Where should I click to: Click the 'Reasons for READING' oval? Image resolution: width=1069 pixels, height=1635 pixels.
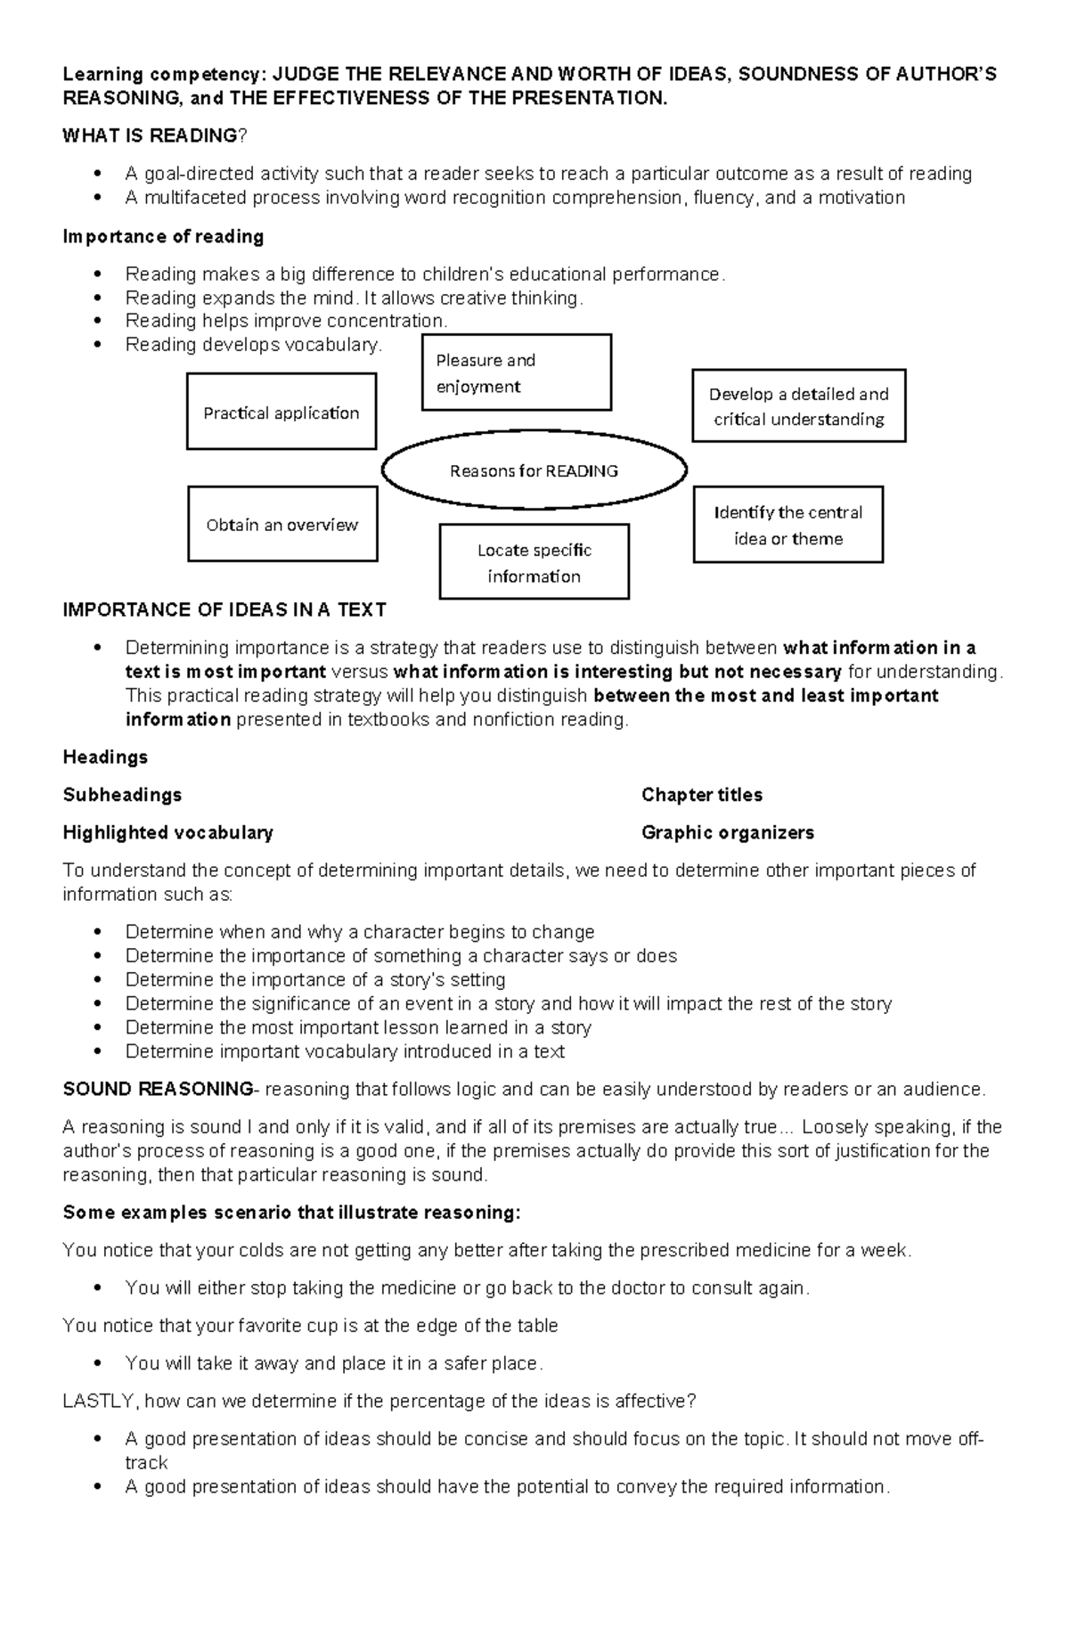[534, 470]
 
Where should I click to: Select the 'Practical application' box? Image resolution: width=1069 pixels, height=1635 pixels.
[282, 412]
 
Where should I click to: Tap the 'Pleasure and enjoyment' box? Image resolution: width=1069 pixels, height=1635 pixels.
[516, 372]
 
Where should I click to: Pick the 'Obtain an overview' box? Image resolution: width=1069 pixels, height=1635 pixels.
[282, 524]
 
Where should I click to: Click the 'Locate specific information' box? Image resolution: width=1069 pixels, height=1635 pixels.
[534, 561]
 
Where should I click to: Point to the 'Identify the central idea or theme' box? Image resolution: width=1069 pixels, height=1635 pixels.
[787, 524]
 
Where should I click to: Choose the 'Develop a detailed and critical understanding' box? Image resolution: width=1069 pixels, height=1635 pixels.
[798, 405]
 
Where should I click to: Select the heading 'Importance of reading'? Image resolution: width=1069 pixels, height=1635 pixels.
[163, 236]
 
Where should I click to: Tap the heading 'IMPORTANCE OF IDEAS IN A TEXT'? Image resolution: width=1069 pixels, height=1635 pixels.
[224, 609]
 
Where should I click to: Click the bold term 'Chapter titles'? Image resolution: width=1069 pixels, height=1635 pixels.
[702, 794]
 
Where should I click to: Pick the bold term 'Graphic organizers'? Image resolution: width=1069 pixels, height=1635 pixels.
[728, 832]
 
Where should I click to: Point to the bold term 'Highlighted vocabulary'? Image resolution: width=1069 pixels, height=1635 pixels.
[167, 832]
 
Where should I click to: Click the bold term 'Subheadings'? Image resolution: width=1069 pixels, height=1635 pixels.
[122, 794]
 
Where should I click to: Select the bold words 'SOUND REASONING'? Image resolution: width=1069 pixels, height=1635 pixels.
[158, 1089]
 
